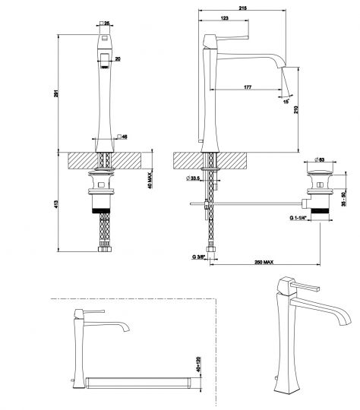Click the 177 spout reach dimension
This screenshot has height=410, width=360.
click(x=248, y=88)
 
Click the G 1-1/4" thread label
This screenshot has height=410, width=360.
click(x=300, y=217)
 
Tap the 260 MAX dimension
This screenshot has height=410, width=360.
click(x=263, y=263)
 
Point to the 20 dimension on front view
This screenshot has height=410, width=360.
click(x=118, y=58)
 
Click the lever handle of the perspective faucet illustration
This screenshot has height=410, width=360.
click(x=305, y=287)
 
